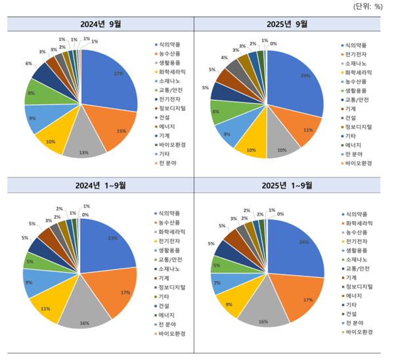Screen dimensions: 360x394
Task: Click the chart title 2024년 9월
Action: point(100,24)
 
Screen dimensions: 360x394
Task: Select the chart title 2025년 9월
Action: point(287,24)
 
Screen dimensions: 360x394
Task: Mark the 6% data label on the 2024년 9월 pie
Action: point(29,64)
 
